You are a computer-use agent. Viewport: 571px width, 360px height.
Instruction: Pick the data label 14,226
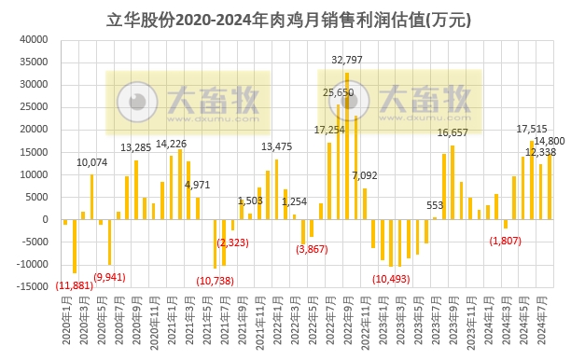click(x=171, y=144)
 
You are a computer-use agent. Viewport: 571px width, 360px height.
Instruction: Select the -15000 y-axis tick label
click(x=30, y=287)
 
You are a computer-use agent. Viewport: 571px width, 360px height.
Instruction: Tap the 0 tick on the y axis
click(x=44, y=220)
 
